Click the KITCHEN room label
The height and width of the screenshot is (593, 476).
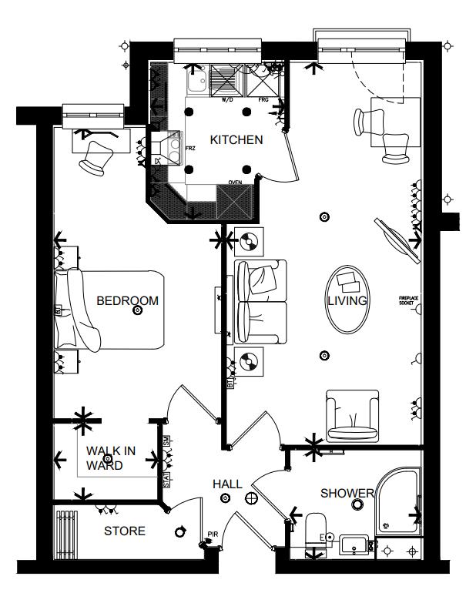236,140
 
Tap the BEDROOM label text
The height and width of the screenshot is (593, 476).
127,300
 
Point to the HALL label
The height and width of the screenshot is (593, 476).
227,484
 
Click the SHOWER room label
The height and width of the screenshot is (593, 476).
347,493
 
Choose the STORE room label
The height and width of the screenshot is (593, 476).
124,531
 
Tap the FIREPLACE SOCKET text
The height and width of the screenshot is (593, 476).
407,300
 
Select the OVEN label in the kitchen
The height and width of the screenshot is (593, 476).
234,183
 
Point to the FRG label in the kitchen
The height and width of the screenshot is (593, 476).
263,100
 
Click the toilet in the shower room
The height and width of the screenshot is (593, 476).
315,530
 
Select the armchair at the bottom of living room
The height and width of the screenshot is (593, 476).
351,416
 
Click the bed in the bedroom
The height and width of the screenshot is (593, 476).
112,308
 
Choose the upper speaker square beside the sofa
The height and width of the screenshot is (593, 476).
249,244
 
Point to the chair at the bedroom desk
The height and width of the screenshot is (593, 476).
97,157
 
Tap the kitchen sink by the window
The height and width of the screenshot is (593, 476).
196,79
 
